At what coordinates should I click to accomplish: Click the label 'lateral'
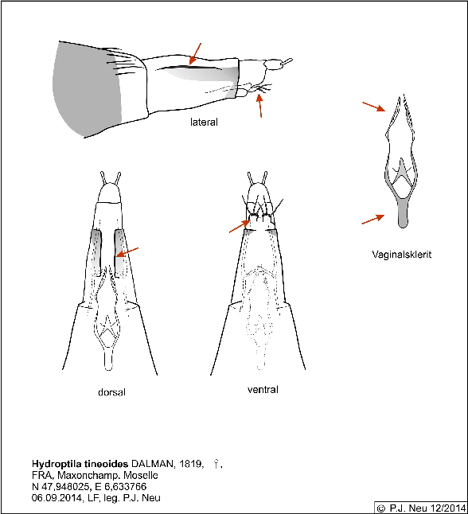point(204,123)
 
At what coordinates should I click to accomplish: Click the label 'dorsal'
point(112,392)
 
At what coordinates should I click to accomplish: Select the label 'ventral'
point(263,390)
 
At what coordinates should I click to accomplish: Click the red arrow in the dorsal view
point(127,252)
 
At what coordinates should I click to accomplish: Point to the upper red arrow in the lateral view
point(196,53)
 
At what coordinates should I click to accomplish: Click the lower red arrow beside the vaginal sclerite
point(373,217)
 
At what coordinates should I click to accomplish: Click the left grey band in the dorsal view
point(99,251)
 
